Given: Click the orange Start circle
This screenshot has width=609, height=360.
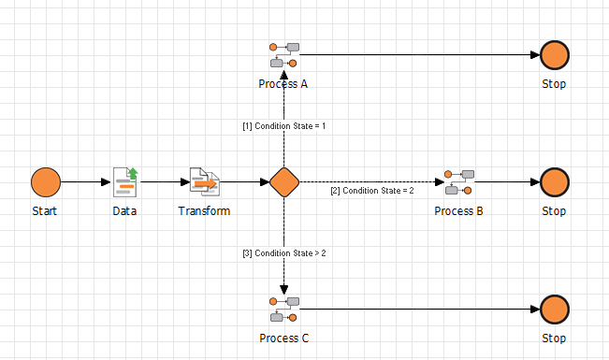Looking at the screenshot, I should (x=45, y=181).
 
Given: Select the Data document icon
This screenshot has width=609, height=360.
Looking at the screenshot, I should (x=124, y=181).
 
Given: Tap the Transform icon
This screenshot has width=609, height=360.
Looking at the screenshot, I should (x=204, y=181).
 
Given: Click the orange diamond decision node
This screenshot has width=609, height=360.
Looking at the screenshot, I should (x=283, y=181).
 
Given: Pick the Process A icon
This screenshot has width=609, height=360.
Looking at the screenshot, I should (x=283, y=55).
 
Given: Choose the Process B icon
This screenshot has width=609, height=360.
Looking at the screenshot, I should (x=458, y=181).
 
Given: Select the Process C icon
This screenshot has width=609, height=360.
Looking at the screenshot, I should (x=283, y=309).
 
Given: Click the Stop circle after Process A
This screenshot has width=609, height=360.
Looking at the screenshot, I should (x=554, y=55).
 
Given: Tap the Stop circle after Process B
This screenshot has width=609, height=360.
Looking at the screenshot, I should (x=554, y=181).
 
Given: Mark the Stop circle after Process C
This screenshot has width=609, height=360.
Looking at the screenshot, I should (x=554, y=309).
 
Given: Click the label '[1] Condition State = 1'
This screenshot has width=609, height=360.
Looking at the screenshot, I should (x=283, y=125).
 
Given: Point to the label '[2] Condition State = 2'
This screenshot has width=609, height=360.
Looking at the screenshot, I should (x=370, y=192).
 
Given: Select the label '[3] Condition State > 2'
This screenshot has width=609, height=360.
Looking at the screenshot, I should (x=283, y=253).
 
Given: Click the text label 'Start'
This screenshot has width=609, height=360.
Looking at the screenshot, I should (x=45, y=211).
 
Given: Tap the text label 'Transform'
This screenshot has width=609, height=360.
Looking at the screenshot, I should (x=204, y=211).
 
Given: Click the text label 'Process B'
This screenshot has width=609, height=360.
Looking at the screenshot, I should (x=458, y=211).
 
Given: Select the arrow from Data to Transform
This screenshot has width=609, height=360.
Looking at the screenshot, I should (x=164, y=181).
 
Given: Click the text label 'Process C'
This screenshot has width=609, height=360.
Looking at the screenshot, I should (x=283, y=338).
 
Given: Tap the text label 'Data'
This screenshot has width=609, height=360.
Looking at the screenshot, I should (x=124, y=211).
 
